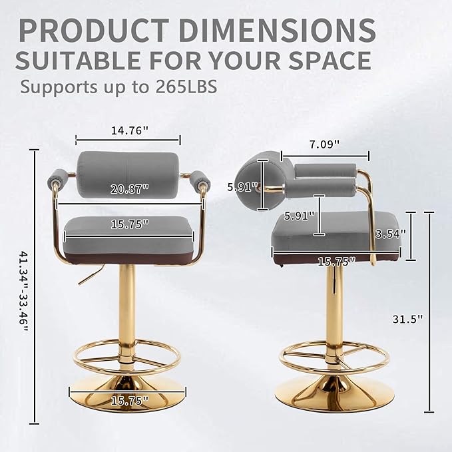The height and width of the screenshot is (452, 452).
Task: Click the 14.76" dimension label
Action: (130, 130)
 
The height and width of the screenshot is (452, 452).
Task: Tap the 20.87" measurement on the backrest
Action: (130, 189)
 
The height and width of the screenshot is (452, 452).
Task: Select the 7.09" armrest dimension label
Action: (325, 144)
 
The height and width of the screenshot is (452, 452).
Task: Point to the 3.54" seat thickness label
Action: (390, 234)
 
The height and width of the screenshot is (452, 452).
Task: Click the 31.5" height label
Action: (407, 319)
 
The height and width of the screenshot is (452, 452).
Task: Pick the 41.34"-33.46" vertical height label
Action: (24, 291)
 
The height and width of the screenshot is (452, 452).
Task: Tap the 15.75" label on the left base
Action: (130, 400)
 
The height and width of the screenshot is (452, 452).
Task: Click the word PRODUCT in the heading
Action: (95, 30)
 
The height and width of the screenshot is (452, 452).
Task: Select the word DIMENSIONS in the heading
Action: (277, 30)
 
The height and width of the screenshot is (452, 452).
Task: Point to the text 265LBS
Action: (186, 87)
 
